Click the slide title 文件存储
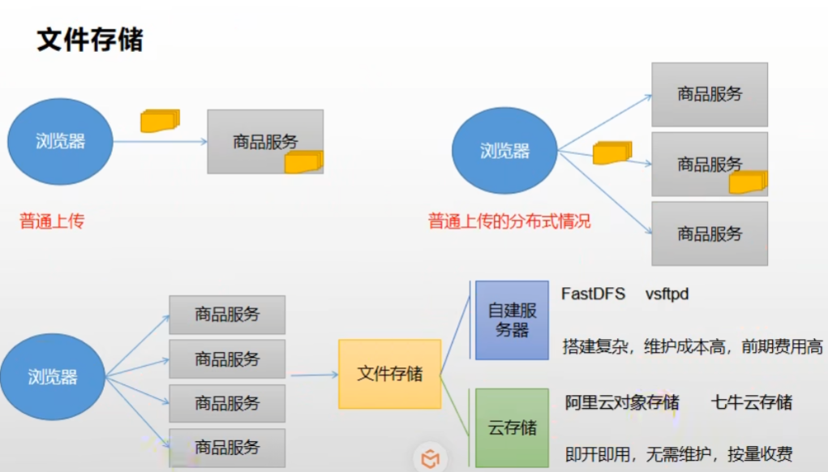click(x=90, y=39)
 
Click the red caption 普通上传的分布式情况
click(x=509, y=221)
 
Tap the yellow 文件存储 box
click(x=389, y=374)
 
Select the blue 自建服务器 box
click(x=512, y=320)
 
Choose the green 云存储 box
click(x=512, y=427)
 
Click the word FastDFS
click(x=593, y=294)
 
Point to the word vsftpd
click(x=667, y=294)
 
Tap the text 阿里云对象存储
click(x=621, y=402)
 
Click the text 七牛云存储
click(x=751, y=402)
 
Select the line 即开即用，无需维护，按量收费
click(x=678, y=454)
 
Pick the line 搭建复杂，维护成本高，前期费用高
click(x=692, y=347)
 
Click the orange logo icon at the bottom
click(x=431, y=459)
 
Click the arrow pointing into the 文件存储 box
click(x=315, y=375)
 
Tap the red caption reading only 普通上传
click(x=52, y=221)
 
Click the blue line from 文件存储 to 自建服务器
click(x=456, y=337)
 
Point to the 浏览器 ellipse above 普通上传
click(x=60, y=141)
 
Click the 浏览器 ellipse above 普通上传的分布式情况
click(x=504, y=151)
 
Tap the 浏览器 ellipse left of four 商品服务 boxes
click(x=52, y=376)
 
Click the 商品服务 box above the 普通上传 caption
click(x=265, y=141)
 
